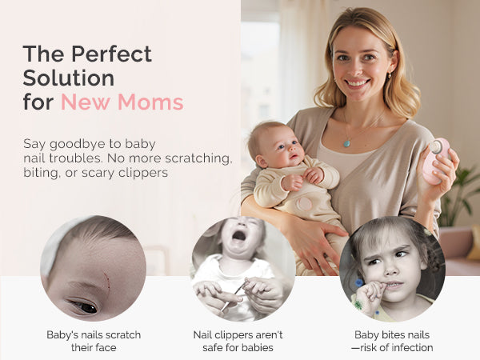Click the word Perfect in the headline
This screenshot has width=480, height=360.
[x=111, y=54]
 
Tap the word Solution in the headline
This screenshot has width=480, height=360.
[x=69, y=78]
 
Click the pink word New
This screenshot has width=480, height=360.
[x=86, y=102]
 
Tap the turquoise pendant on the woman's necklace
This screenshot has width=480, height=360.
[x=347, y=143]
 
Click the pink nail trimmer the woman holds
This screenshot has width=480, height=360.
[x=436, y=161]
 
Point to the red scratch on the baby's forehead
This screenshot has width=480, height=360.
[x=106, y=281]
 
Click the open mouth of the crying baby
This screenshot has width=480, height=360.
[x=239, y=235]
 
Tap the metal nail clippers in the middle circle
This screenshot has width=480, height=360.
[x=234, y=296]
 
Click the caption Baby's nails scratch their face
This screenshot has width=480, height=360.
[x=94, y=341]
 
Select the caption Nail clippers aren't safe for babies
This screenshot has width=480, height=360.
[x=238, y=341]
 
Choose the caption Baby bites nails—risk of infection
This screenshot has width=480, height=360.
[x=392, y=341]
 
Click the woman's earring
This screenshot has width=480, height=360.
[x=390, y=75]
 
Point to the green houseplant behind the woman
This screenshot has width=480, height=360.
[x=458, y=195]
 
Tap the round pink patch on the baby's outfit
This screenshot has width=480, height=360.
[x=304, y=204]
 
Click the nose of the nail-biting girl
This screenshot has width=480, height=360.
[x=392, y=270]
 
